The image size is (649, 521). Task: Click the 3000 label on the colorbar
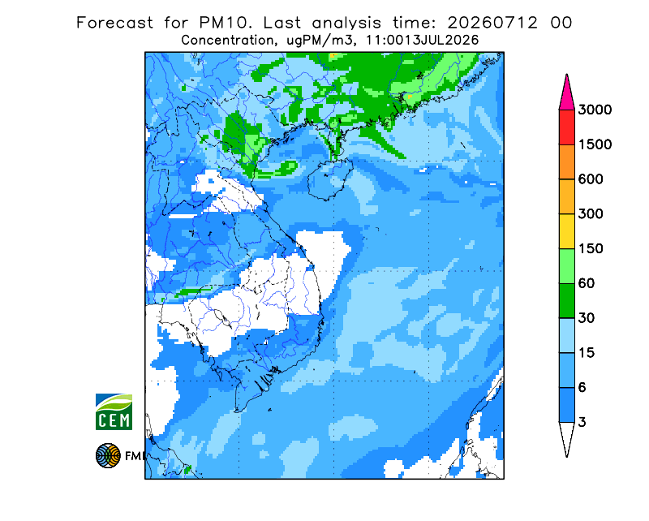595,110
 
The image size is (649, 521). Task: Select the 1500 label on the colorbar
595,144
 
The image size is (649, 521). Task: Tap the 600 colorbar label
591,179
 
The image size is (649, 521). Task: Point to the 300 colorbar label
591,214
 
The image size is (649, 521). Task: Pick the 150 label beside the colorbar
591,249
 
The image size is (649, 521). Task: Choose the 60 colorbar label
587,284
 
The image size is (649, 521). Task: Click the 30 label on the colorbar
587,318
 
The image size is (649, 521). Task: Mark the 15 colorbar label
587,353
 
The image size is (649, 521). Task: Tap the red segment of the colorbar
566,127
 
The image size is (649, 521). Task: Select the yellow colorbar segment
566,231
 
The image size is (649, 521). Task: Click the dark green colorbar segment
566,301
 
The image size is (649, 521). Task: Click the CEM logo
114,412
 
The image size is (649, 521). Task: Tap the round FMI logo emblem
108,455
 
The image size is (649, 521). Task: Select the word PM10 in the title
226,23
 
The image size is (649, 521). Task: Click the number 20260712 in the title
492,23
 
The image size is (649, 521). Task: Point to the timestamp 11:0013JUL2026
423,41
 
